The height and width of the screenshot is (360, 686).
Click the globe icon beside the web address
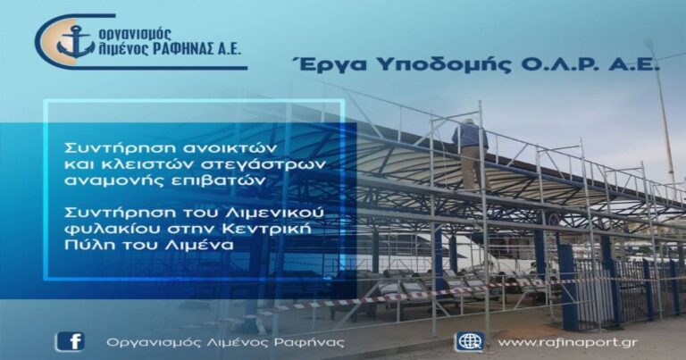pyautogui.click(x=469, y=341)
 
